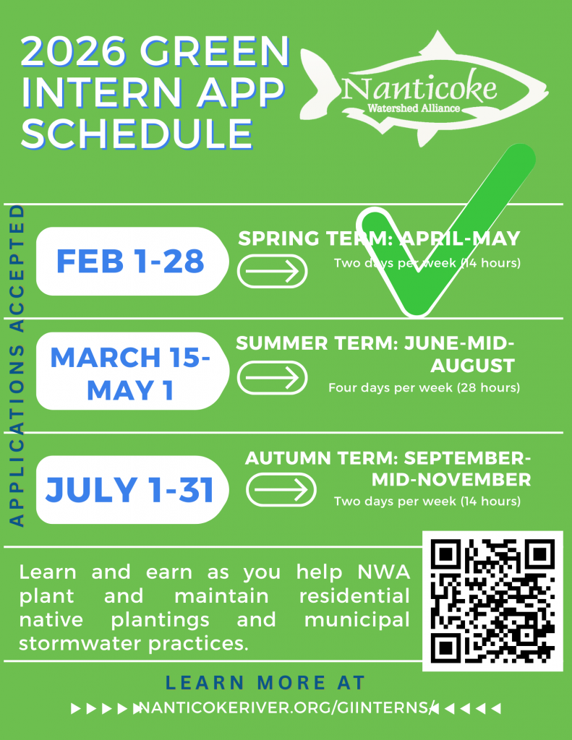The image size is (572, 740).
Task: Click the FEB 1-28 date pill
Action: pyautogui.click(x=132, y=261)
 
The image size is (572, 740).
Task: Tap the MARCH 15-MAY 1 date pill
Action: pyautogui.click(x=132, y=371)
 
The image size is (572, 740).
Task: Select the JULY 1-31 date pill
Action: pyautogui.click(x=132, y=489)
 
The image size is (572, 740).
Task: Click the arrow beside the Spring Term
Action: pyautogui.click(x=272, y=272)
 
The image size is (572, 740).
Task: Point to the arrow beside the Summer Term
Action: pyautogui.click(x=272, y=377)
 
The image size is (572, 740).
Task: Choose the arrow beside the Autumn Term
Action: pyautogui.click(x=281, y=489)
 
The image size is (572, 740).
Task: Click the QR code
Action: pyautogui.click(x=492, y=601)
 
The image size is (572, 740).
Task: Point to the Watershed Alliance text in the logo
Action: pyautogui.click(x=414, y=108)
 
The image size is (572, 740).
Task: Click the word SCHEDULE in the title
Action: pyautogui.click(x=137, y=134)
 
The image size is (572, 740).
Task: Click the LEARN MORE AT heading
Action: pyautogui.click(x=265, y=682)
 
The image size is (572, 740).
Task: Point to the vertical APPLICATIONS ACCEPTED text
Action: pyautogui.click(x=17, y=366)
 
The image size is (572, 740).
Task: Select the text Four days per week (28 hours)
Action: pyautogui.click(x=424, y=388)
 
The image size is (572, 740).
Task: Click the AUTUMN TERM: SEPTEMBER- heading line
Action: pyautogui.click(x=388, y=457)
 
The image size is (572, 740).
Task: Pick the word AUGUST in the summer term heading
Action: pyautogui.click(x=472, y=366)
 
